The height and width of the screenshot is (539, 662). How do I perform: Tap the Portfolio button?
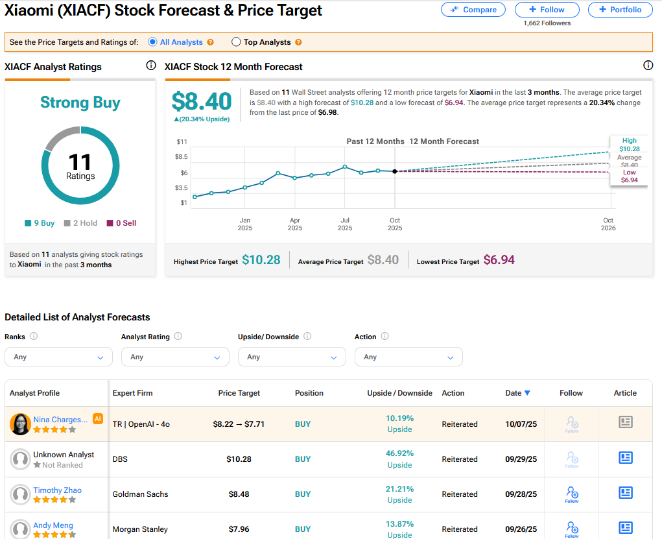620,10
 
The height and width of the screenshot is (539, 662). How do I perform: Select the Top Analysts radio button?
236,42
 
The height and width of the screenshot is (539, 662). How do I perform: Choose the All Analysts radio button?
152,42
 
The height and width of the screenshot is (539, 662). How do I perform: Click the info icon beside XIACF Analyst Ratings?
151,66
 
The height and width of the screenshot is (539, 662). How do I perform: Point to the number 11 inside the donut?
80,162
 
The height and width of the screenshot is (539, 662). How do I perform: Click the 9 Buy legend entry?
40,223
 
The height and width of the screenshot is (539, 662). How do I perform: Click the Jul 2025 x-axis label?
345,224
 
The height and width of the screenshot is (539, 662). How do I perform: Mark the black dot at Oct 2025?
395,171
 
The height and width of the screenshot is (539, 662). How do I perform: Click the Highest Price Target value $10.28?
261,260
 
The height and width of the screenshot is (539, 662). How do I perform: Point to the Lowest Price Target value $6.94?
499,260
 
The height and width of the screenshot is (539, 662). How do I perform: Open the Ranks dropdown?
58,357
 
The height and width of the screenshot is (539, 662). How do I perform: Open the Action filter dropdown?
408,357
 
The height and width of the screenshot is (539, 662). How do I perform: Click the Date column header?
517,393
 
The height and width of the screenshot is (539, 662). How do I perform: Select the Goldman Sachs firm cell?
140,494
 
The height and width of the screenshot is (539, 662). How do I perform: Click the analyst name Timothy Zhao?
58,490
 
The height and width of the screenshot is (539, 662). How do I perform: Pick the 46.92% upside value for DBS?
399,453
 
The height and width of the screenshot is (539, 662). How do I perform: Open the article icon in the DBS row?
625,458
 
